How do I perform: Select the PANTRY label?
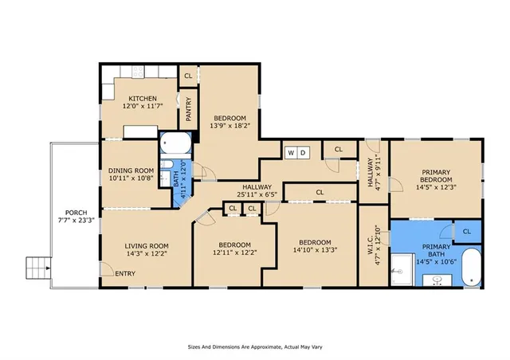pyautogui.click(x=188, y=109)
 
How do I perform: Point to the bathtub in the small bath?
pyautogui.click(x=175, y=143)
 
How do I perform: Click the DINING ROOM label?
pyautogui.click(x=130, y=170)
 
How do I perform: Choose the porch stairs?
pyautogui.click(x=37, y=267)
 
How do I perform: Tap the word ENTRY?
pyautogui.click(x=124, y=275)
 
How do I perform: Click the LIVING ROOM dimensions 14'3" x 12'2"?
pyautogui.click(x=146, y=254)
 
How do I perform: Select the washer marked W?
pyautogui.click(x=291, y=151)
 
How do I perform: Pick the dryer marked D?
pyautogui.click(x=304, y=151)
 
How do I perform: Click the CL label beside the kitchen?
pyautogui.click(x=188, y=76)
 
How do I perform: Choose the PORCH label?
pyautogui.click(x=70, y=212)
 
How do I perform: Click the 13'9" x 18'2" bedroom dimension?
pyautogui.click(x=229, y=125)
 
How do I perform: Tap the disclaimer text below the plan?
pyautogui.click(x=254, y=347)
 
